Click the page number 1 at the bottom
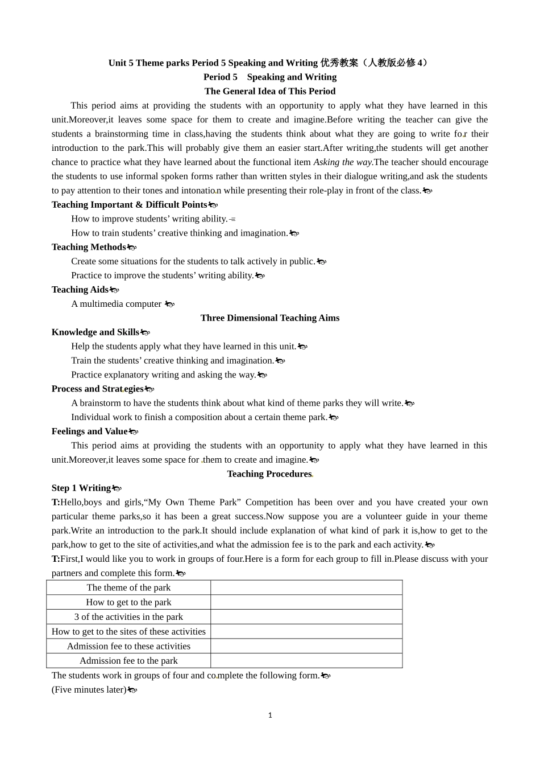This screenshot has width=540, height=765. point(270,715)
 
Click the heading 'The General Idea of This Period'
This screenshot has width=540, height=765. point(270,91)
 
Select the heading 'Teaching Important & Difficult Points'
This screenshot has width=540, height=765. point(129,204)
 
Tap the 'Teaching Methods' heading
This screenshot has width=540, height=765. point(89,247)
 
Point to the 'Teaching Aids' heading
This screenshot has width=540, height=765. point(80,290)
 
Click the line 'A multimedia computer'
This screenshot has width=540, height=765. point(117,304)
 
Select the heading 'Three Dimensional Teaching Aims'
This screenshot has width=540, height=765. point(270,318)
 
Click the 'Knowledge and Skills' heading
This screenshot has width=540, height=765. point(95,332)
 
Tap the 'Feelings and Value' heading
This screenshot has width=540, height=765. point(90,431)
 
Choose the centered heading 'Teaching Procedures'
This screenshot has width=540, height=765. point(269,474)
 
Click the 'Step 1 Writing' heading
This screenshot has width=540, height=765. point(81,488)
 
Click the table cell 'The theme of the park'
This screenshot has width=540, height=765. point(128,587)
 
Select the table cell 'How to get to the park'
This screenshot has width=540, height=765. point(128,602)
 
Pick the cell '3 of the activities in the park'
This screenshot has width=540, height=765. point(128,617)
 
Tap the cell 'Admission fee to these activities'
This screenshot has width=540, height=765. point(128,646)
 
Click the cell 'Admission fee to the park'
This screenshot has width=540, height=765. point(128,661)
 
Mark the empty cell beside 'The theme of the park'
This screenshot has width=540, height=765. point(306,587)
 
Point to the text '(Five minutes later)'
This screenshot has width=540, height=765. point(89,690)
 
